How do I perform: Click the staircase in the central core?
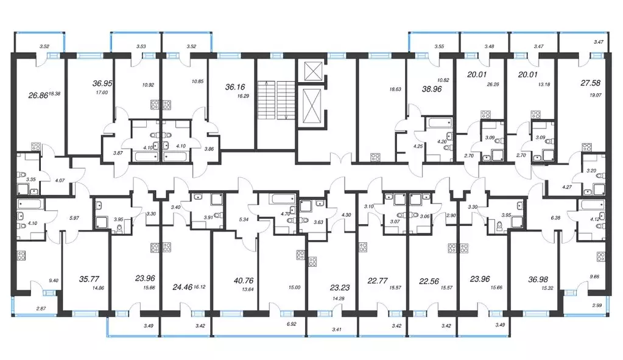(x=276, y=100)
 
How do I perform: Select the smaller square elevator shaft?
(x=312, y=71)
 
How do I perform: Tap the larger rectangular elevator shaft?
(x=312, y=105)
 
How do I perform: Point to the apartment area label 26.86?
(x=38, y=96)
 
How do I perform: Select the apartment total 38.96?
(x=432, y=89)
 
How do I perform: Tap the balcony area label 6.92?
(x=291, y=324)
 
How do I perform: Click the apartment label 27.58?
(x=591, y=83)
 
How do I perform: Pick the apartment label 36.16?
(x=235, y=86)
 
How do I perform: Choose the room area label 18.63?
(x=395, y=90)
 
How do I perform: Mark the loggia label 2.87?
(x=41, y=308)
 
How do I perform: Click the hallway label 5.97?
(x=74, y=218)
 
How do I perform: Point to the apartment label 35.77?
(x=89, y=279)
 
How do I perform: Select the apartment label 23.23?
(x=340, y=288)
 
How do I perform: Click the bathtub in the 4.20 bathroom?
(x=440, y=122)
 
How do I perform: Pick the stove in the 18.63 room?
(x=375, y=157)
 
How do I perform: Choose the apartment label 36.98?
(x=538, y=280)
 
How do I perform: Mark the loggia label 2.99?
(x=597, y=305)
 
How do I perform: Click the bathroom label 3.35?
(x=30, y=179)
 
